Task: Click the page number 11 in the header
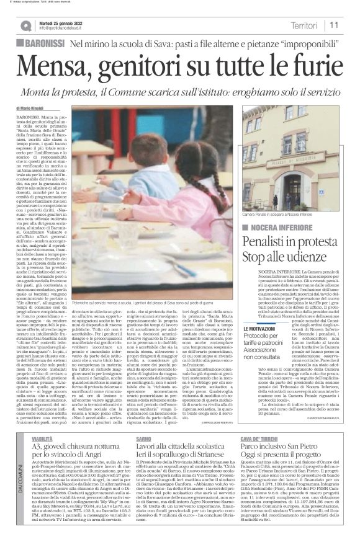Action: [334, 25]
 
